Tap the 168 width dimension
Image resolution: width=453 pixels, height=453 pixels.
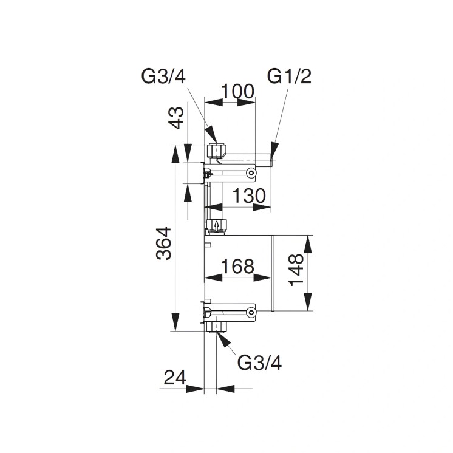tap(237, 266)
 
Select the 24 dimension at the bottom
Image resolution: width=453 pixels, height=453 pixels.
tap(174, 378)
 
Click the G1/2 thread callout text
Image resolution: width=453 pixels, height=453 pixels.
tap(288, 77)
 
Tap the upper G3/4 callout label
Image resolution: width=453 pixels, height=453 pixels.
tap(163, 77)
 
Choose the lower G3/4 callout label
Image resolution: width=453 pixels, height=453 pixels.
tap(259, 363)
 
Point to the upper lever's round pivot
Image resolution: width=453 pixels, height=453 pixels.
tap(250, 173)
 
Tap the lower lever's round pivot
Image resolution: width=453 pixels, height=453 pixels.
tap(250, 313)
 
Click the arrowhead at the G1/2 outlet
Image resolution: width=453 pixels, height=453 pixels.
tap(274, 149)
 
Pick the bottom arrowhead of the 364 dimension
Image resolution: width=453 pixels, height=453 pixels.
tap(177, 322)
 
